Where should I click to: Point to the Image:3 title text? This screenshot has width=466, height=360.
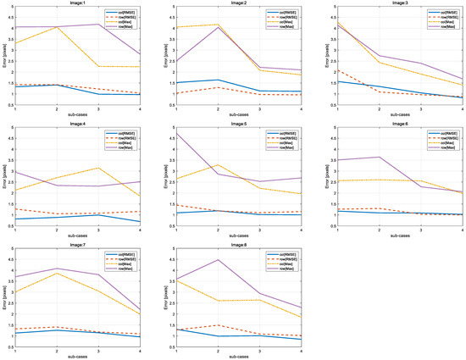click(x=394, y=3)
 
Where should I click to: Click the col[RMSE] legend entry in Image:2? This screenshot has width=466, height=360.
click(x=279, y=14)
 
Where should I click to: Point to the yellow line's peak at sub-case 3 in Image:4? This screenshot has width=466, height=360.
click(x=100, y=168)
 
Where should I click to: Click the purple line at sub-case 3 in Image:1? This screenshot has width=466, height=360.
click(x=100, y=25)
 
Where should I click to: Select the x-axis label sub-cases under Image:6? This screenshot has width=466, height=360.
click(x=394, y=236)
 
